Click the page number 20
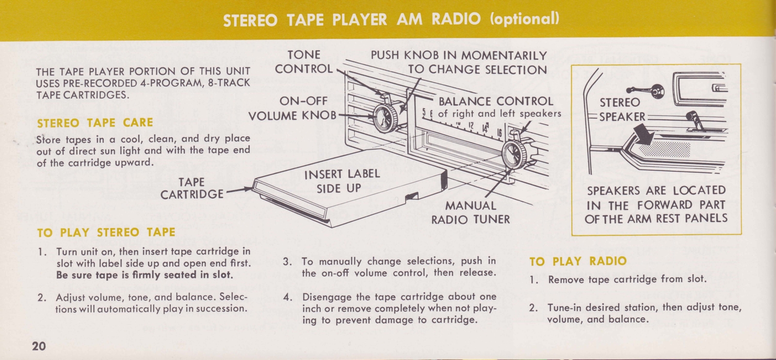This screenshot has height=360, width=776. [39, 346]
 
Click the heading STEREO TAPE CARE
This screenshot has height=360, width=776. [95, 123]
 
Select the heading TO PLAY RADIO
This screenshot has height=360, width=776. [578, 261]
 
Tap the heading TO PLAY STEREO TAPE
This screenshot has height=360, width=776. [106, 232]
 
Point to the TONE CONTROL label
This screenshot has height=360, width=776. [304, 62]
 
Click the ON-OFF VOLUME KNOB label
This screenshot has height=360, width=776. [293, 108]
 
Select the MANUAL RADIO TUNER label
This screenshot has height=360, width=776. [470, 213]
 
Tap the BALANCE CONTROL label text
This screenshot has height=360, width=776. [496, 101]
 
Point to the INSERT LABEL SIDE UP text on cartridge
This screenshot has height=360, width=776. [341, 181]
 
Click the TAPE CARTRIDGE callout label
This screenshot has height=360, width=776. [192, 188]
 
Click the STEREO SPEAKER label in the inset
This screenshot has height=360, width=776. [621, 110]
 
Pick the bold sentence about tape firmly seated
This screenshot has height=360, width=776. [145, 275]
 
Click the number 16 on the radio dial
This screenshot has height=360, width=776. [499, 131]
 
